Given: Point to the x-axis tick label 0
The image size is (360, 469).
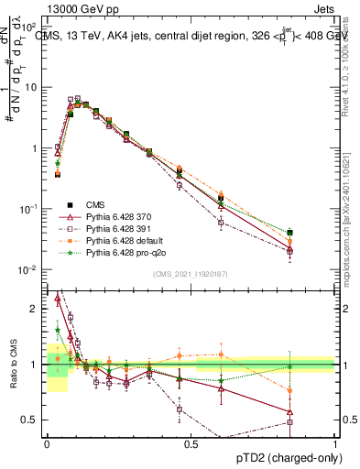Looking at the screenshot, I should click(47, 442).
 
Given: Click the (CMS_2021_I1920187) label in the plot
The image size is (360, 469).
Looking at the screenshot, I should click(190, 274).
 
